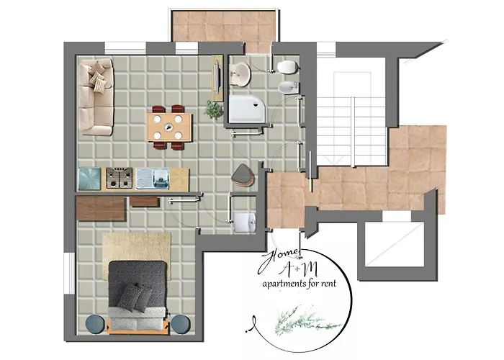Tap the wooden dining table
[170, 127]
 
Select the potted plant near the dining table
[213, 109]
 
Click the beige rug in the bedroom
[137, 248]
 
